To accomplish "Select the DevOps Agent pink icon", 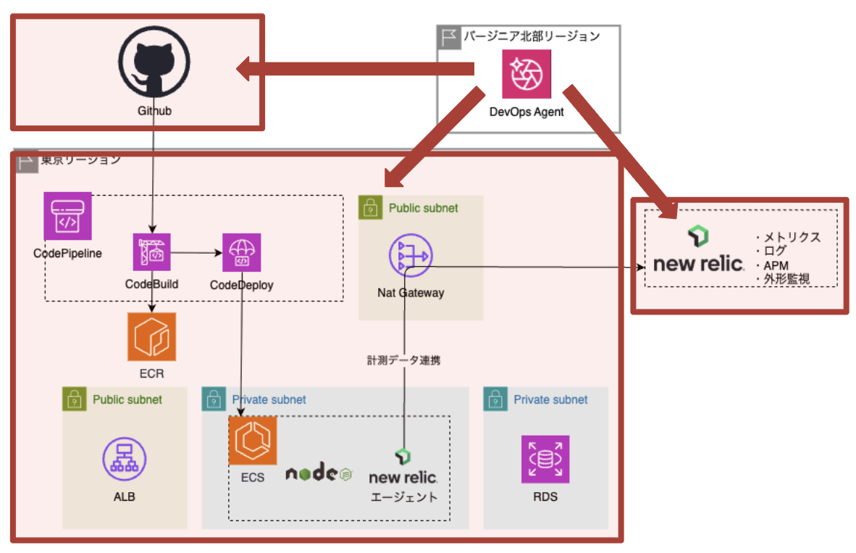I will [x=526, y=73].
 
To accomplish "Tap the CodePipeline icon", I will [x=67, y=216].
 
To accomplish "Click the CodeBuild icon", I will [x=151, y=251].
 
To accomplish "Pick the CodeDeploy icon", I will [x=241, y=251].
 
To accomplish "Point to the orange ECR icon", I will [x=151, y=336].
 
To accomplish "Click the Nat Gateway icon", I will [x=410, y=256].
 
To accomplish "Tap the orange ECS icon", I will [x=253, y=441].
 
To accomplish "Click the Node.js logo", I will [x=318, y=474].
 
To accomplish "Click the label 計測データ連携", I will [x=404, y=359].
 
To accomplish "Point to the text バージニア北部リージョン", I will [x=532, y=36].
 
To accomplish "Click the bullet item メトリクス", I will [x=790, y=238].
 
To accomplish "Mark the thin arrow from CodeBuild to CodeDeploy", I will [x=196, y=253].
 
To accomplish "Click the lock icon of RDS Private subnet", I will [x=495, y=399].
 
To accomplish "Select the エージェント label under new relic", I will [x=404, y=497].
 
